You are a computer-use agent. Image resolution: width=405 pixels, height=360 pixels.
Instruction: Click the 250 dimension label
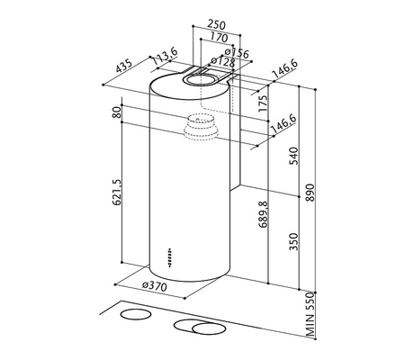click(x=217, y=24)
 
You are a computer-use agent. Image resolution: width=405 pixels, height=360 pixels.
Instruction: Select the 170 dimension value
click(x=219, y=37)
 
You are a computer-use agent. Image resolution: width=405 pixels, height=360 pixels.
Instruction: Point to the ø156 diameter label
click(x=237, y=53)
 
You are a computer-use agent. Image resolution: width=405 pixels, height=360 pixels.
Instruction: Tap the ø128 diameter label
click(x=223, y=62)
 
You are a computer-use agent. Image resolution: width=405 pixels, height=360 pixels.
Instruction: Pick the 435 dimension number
click(x=123, y=66)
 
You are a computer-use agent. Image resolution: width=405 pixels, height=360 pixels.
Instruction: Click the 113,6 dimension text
click(x=165, y=57)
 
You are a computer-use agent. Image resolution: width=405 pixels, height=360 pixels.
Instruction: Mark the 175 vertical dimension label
click(x=263, y=103)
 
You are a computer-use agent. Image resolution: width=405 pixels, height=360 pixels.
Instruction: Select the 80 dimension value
click(x=116, y=112)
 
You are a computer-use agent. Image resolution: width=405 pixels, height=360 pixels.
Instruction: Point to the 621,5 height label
click(x=116, y=193)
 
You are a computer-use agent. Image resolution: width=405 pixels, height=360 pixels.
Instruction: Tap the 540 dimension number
click(x=293, y=156)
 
